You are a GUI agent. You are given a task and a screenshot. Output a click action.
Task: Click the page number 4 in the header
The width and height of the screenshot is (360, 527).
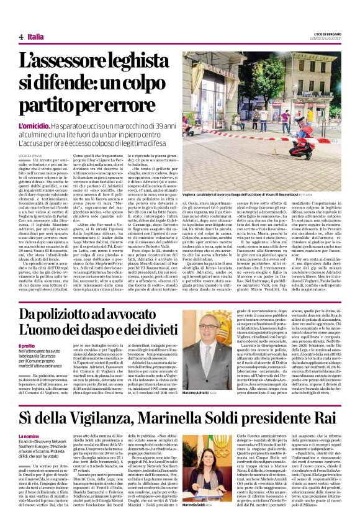[x=20, y=37]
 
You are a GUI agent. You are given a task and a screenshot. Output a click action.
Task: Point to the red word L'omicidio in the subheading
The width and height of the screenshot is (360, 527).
[x=34, y=125]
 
